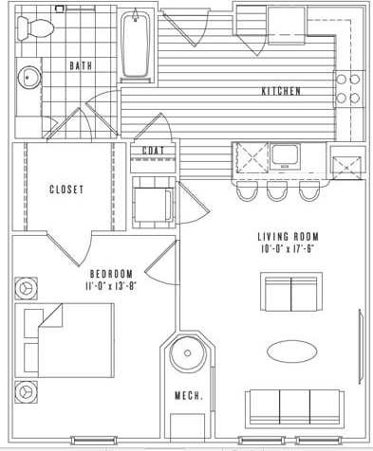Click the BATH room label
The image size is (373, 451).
click(x=82, y=65)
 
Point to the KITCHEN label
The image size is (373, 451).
click(x=281, y=91)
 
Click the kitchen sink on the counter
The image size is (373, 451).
click(x=283, y=155)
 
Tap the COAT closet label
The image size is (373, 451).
click(x=153, y=151)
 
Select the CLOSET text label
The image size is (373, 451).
click(x=66, y=189)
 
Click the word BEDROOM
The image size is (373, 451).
click(x=111, y=272)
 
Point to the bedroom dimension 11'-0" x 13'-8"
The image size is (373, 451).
click(x=112, y=284)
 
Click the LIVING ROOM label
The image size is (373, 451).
click(x=288, y=237)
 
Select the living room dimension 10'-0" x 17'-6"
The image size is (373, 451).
click(x=288, y=249)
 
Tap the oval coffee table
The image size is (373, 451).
click(x=291, y=351)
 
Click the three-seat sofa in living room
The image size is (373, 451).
click(x=293, y=406)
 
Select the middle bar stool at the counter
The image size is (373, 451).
click(x=277, y=190)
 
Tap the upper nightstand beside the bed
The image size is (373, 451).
click(x=26, y=285)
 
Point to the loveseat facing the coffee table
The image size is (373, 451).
click(x=291, y=293)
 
